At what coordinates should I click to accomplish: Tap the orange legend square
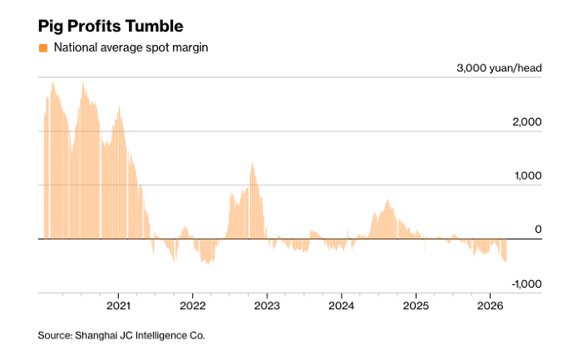click(43, 47)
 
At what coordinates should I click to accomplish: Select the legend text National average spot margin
click(131, 47)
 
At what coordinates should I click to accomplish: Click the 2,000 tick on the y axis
click(527, 122)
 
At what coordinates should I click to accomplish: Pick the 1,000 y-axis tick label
click(527, 176)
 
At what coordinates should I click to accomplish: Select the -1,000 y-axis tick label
click(525, 284)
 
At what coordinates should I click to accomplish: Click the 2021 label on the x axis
click(118, 304)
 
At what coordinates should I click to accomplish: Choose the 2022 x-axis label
click(192, 304)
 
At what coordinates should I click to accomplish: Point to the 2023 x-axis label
click(267, 304)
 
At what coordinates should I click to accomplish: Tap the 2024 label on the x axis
click(341, 304)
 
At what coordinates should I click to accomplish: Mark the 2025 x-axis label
click(416, 304)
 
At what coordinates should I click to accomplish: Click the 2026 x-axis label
click(490, 304)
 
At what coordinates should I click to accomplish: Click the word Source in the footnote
click(55, 335)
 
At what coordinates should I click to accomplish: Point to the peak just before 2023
click(252, 165)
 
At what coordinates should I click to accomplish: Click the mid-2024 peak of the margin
click(387, 202)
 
